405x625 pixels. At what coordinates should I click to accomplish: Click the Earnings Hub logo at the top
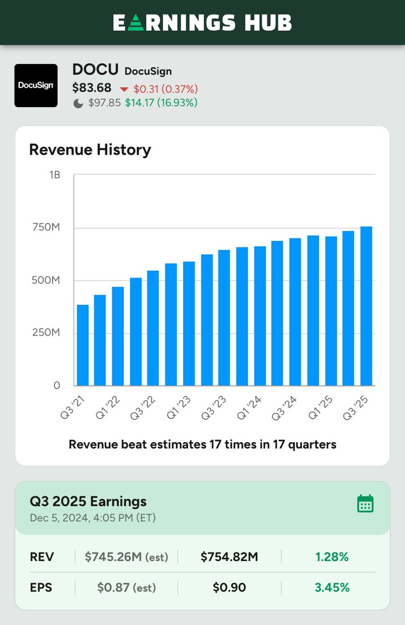202,22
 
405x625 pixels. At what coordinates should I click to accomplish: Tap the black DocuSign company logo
36,85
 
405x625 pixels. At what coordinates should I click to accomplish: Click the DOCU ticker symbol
95,70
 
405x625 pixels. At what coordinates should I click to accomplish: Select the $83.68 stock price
92,88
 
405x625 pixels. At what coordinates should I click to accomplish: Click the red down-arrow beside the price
124,89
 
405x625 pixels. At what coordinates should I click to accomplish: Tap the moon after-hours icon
78,103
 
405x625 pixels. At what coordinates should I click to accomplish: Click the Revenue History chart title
90,150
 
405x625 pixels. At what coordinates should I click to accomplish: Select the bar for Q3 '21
83,345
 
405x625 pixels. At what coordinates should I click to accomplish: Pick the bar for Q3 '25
366,306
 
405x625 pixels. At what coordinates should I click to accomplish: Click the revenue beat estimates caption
202,444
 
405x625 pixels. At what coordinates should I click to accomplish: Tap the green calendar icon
365,504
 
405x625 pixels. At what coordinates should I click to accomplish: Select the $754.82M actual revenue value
230,557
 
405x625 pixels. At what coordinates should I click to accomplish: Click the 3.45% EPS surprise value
332,588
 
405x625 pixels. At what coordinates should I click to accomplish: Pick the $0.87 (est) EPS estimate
125,588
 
